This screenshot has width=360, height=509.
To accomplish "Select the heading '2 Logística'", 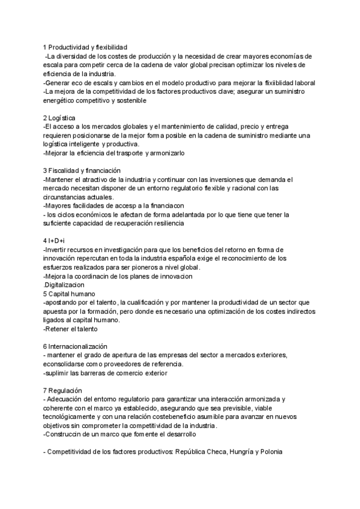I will (59, 118).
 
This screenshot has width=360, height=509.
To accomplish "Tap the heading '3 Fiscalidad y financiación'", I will (82, 170).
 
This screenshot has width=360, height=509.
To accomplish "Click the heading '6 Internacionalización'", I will (75, 346).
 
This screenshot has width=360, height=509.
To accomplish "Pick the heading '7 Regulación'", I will (62, 390).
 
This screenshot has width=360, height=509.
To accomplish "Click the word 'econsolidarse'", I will (68, 364).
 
